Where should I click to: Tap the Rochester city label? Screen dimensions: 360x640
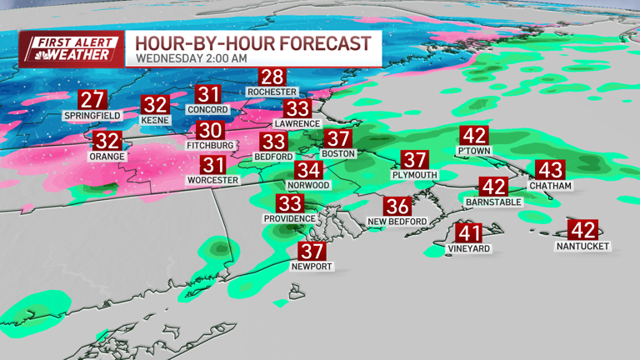[272, 92]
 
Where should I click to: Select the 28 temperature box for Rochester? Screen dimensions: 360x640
[272, 77]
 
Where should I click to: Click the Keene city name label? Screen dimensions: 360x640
[155, 120]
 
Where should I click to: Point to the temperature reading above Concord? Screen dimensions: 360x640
[208, 95]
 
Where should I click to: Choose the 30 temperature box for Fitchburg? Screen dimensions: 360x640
[211, 131]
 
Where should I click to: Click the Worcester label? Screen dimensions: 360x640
[213, 180]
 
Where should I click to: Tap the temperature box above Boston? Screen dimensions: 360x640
[338, 139]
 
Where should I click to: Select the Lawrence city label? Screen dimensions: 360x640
[297, 123]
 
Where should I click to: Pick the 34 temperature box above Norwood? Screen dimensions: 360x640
[307, 170]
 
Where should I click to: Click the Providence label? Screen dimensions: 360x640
[290, 218]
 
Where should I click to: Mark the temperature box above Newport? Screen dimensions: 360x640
[312, 252]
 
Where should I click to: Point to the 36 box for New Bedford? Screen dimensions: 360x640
[397, 207]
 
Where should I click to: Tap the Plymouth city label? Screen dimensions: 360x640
[414, 175]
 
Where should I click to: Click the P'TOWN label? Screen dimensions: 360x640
[474, 151]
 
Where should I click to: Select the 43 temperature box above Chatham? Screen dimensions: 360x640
[550, 170]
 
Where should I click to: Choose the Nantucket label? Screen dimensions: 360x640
[583, 246]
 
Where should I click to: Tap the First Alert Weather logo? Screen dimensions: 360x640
[70, 47]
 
